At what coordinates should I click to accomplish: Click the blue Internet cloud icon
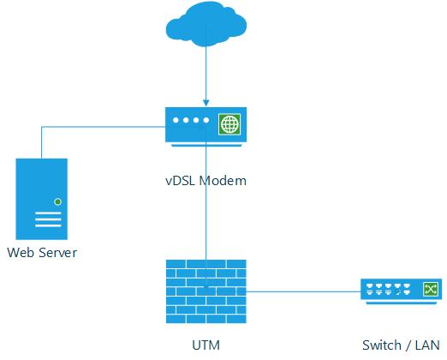coord(206,24)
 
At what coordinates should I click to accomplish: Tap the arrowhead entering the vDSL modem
coord(206,103)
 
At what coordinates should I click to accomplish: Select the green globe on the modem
coord(229,124)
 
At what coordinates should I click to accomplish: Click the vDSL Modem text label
coord(206,181)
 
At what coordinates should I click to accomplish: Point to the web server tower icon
coord(42,199)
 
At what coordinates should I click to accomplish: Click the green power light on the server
coord(58,202)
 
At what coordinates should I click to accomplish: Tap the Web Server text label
coord(42,253)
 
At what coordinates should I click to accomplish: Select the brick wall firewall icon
coord(206,291)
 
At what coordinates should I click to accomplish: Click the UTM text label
coord(206,345)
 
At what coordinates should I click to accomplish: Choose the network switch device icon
coord(402,291)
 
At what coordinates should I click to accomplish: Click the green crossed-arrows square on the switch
coord(431,290)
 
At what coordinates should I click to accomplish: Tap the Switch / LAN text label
coord(401,345)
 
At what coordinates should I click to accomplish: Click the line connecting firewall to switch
coord(303,291)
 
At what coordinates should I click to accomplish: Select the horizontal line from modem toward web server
coord(104,127)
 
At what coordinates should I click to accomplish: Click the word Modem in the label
coord(223,181)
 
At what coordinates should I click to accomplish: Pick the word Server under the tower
coord(58,253)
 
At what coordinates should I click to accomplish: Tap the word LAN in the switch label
coord(427,345)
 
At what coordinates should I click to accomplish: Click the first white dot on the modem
coord(176,120)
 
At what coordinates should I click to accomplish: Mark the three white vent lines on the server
coord(48,219)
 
